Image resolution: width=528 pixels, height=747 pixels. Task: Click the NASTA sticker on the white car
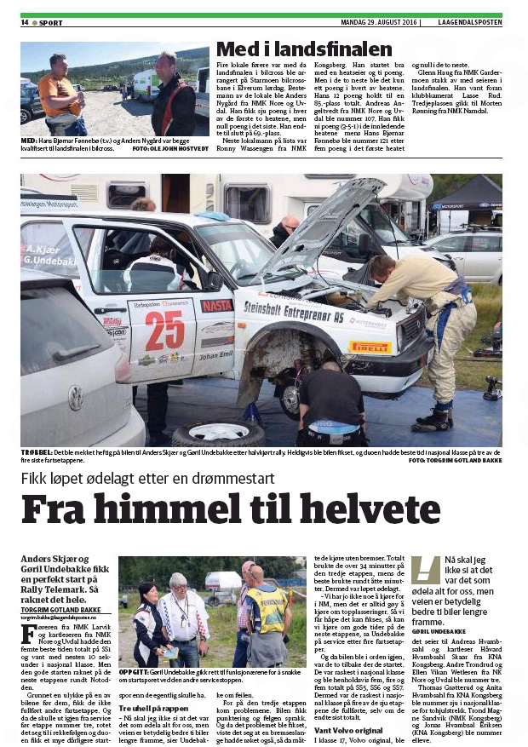[x=216, y=305]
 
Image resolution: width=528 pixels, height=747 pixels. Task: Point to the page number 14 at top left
[x=25, y=22]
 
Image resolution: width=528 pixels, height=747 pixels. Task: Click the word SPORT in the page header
[x=50, y=22]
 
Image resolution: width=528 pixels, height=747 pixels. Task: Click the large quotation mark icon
[x=425, y=569]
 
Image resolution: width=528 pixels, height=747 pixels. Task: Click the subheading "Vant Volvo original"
[x=349, y=731]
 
